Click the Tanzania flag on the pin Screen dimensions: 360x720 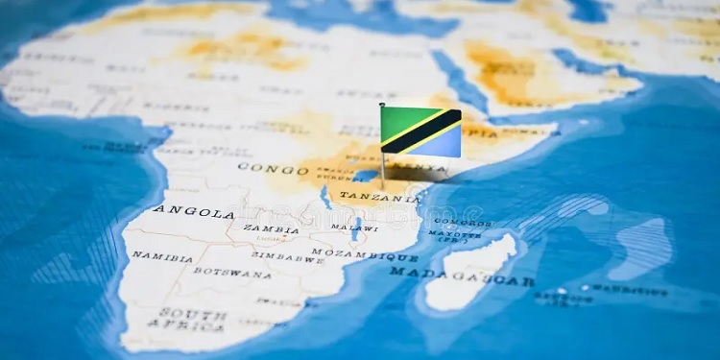pos(420,132)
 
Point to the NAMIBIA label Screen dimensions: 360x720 pos(161,256)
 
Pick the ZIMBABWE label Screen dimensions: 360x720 pos(289,257)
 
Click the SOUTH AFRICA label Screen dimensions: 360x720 pos(192,321)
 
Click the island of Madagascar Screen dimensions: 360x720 pos(470,274)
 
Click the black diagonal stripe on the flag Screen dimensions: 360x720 pos(420,132)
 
